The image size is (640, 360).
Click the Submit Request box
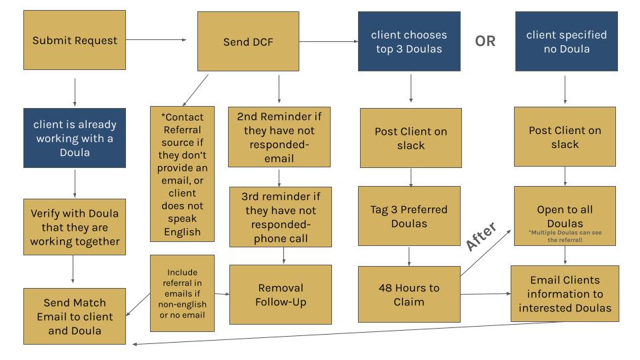tap(75, 41)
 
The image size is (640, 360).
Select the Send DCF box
tap(248, 41)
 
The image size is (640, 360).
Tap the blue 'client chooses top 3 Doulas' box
tap(409, 41)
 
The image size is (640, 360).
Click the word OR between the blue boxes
tap(485, 41)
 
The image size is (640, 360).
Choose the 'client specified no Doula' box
tap(567, 41)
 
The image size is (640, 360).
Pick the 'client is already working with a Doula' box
tap(75, 138)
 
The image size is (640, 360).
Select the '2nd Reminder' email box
tap(279, 137)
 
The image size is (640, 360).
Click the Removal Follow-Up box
tap(280, 294)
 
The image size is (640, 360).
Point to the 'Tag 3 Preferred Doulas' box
tap(409, 216)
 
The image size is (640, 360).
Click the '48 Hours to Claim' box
tap(409, 295)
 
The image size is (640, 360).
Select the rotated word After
tap(481, 236)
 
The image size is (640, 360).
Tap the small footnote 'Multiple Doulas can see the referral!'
tap(565, 235)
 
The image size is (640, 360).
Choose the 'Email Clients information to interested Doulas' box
tap(565, 294)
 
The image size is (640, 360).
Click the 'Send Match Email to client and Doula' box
tap(75, 316)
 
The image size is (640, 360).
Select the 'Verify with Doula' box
tap(75, 227)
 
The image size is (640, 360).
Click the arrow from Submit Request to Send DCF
tap(156, 40)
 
